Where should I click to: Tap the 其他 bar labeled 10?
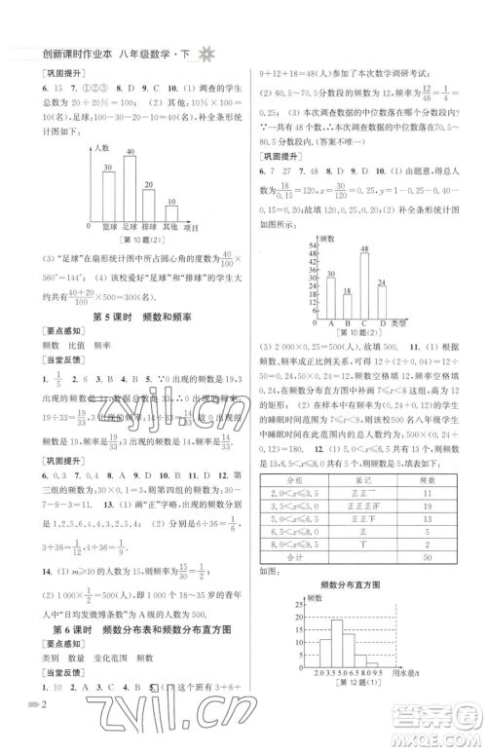click(171, 213)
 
